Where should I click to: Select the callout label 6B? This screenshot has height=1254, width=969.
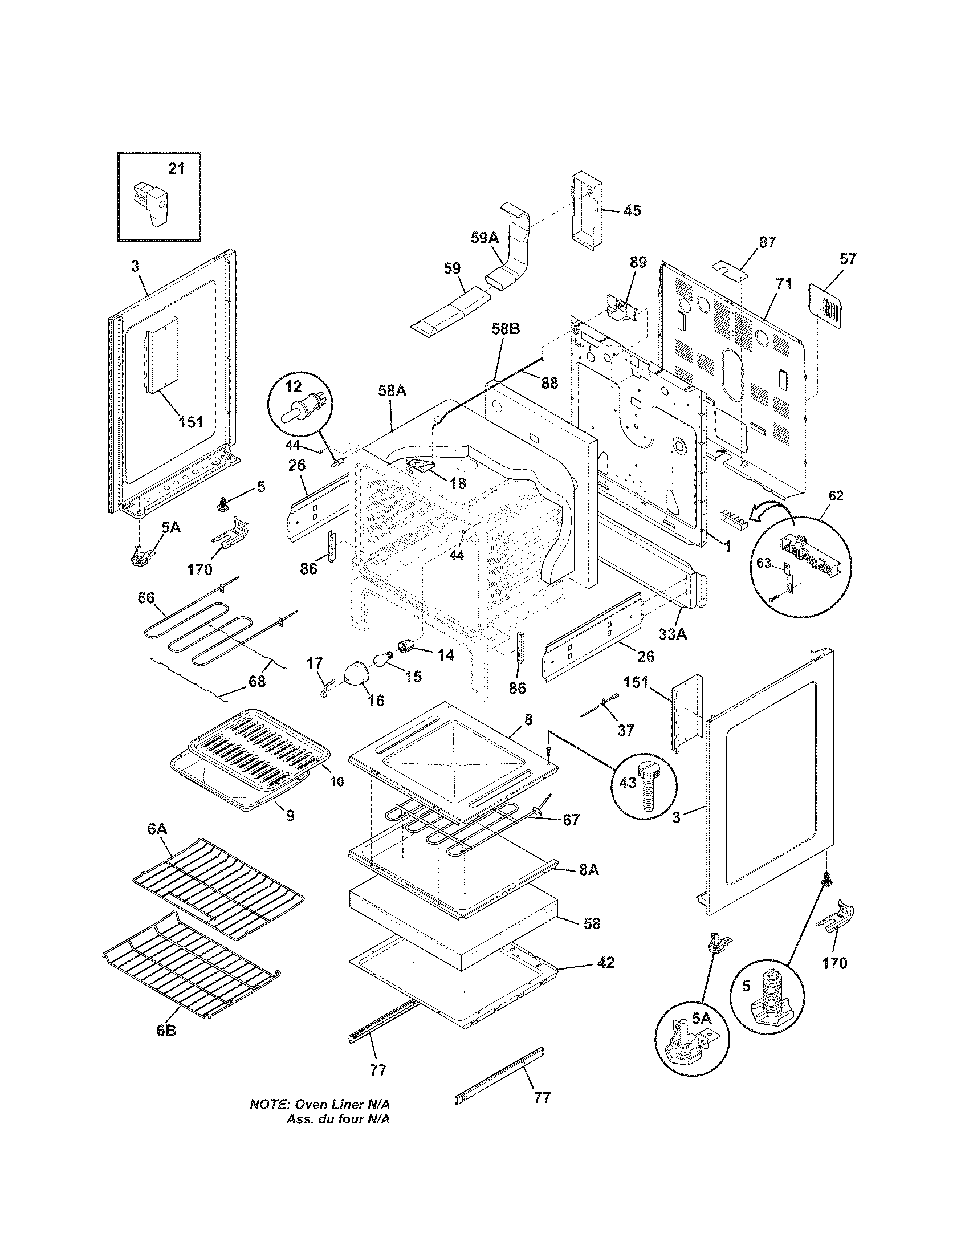166,1030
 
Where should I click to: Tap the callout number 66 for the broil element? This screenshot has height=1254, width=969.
146,598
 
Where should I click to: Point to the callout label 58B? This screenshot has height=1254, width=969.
505,345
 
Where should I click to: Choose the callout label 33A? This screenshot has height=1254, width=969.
673,634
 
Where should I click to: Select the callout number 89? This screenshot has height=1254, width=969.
638,262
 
